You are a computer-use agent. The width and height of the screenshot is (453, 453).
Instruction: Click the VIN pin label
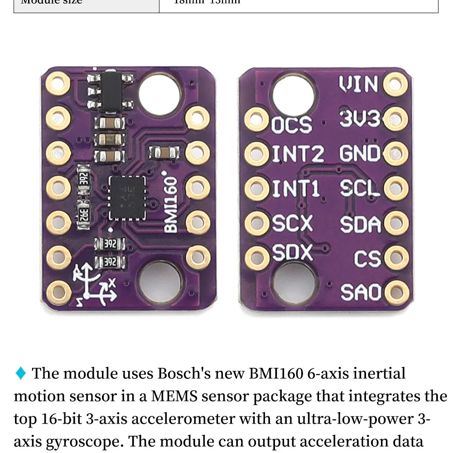(x=359, y=84)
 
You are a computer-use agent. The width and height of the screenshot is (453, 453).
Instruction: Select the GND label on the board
(x=360, y=154)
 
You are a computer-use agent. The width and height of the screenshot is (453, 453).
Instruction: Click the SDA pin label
(x=360, y=224)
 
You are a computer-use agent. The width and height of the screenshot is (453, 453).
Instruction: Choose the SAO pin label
(x=361, y=292)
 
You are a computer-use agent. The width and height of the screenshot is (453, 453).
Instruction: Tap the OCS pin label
(x=292, y=125)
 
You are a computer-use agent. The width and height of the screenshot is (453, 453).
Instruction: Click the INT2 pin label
(x=298, y=154)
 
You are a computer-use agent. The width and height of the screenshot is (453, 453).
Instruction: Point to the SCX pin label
(x=292, y=223)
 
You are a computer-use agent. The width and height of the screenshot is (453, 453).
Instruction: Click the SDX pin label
(x=292, y=252)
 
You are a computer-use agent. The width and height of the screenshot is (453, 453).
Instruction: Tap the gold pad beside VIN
(x=395, y=84)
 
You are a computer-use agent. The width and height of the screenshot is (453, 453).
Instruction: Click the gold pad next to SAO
(x=396, y=292)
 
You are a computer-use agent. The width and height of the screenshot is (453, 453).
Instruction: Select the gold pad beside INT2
(x=257, y=154)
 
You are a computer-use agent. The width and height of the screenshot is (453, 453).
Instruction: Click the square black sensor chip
(x=127, y=198)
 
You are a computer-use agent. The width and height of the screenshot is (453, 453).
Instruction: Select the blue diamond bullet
(x=21, y=373)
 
